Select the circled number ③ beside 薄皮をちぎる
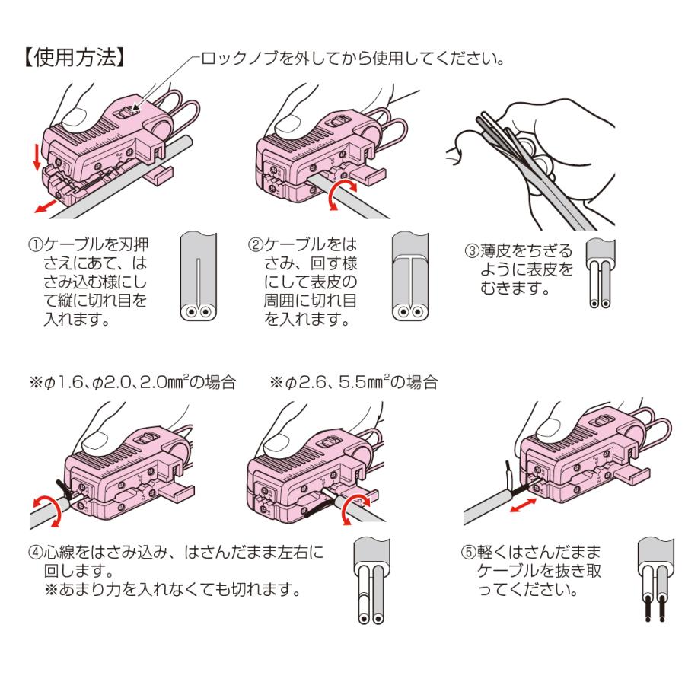tap(472, 250)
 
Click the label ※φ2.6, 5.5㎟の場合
tap(354, 383)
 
